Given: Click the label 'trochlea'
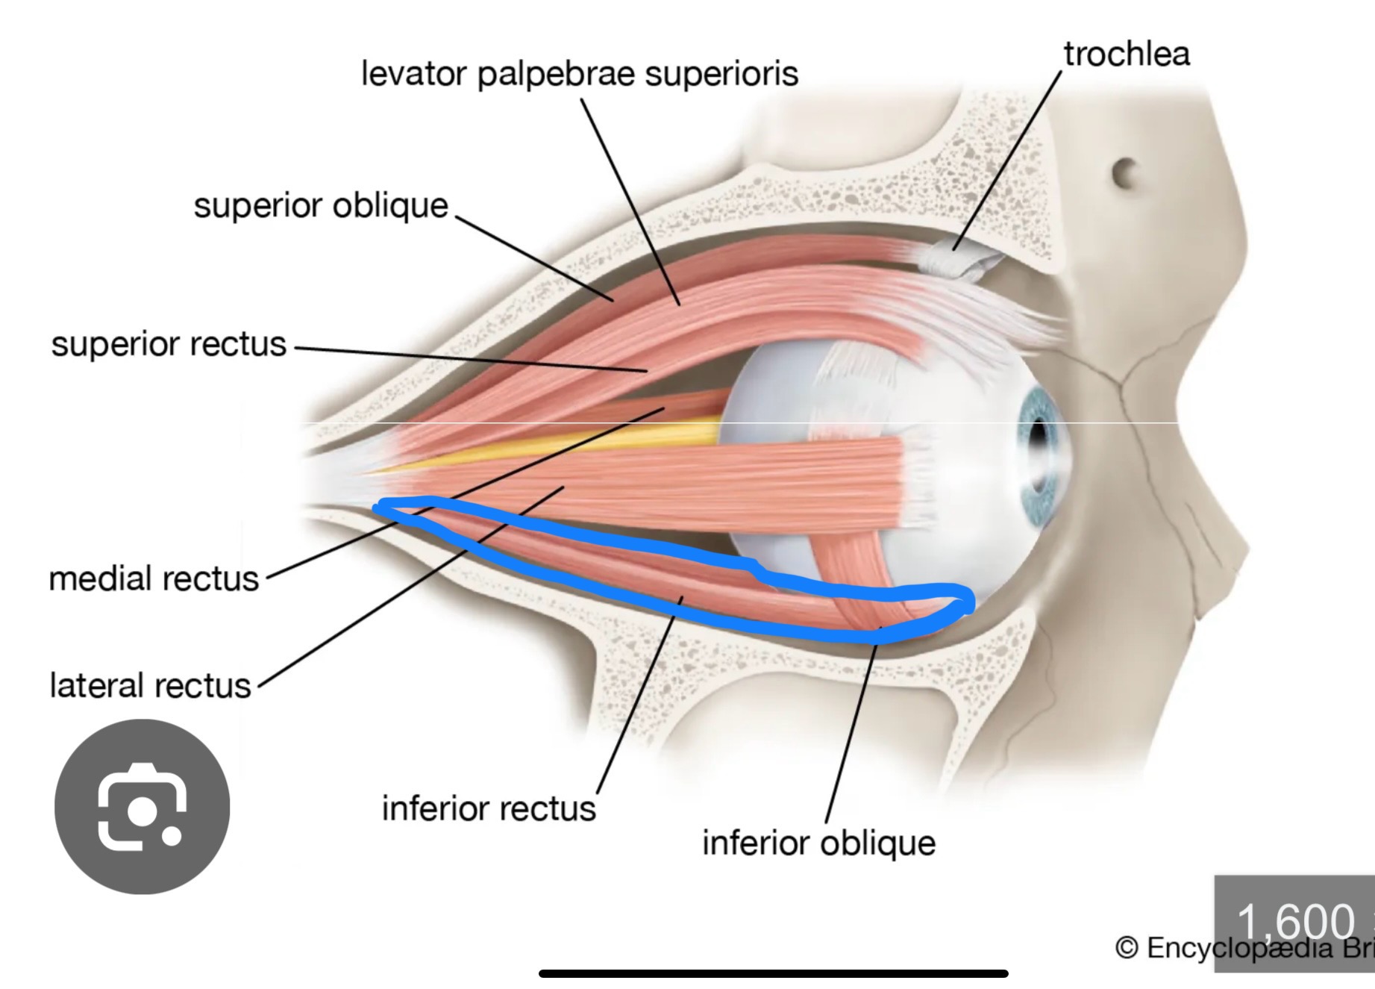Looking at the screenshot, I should [1126, 54].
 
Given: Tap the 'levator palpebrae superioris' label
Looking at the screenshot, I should [580, 74].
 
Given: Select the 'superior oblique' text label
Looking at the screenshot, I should [321, 205].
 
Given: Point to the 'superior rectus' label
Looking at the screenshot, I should [169, 344].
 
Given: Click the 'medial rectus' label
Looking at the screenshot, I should [154, 578].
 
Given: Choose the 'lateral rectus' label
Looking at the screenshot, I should [150, 685].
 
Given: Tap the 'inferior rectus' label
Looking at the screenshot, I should [489, 808].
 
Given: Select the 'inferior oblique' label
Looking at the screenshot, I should [818, 843].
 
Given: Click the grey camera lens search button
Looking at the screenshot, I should [142, 807].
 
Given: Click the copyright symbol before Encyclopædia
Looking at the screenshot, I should [1126, 948].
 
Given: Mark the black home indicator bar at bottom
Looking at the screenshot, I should [773, 973].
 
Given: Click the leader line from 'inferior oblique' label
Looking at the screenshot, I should [851, 731].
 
